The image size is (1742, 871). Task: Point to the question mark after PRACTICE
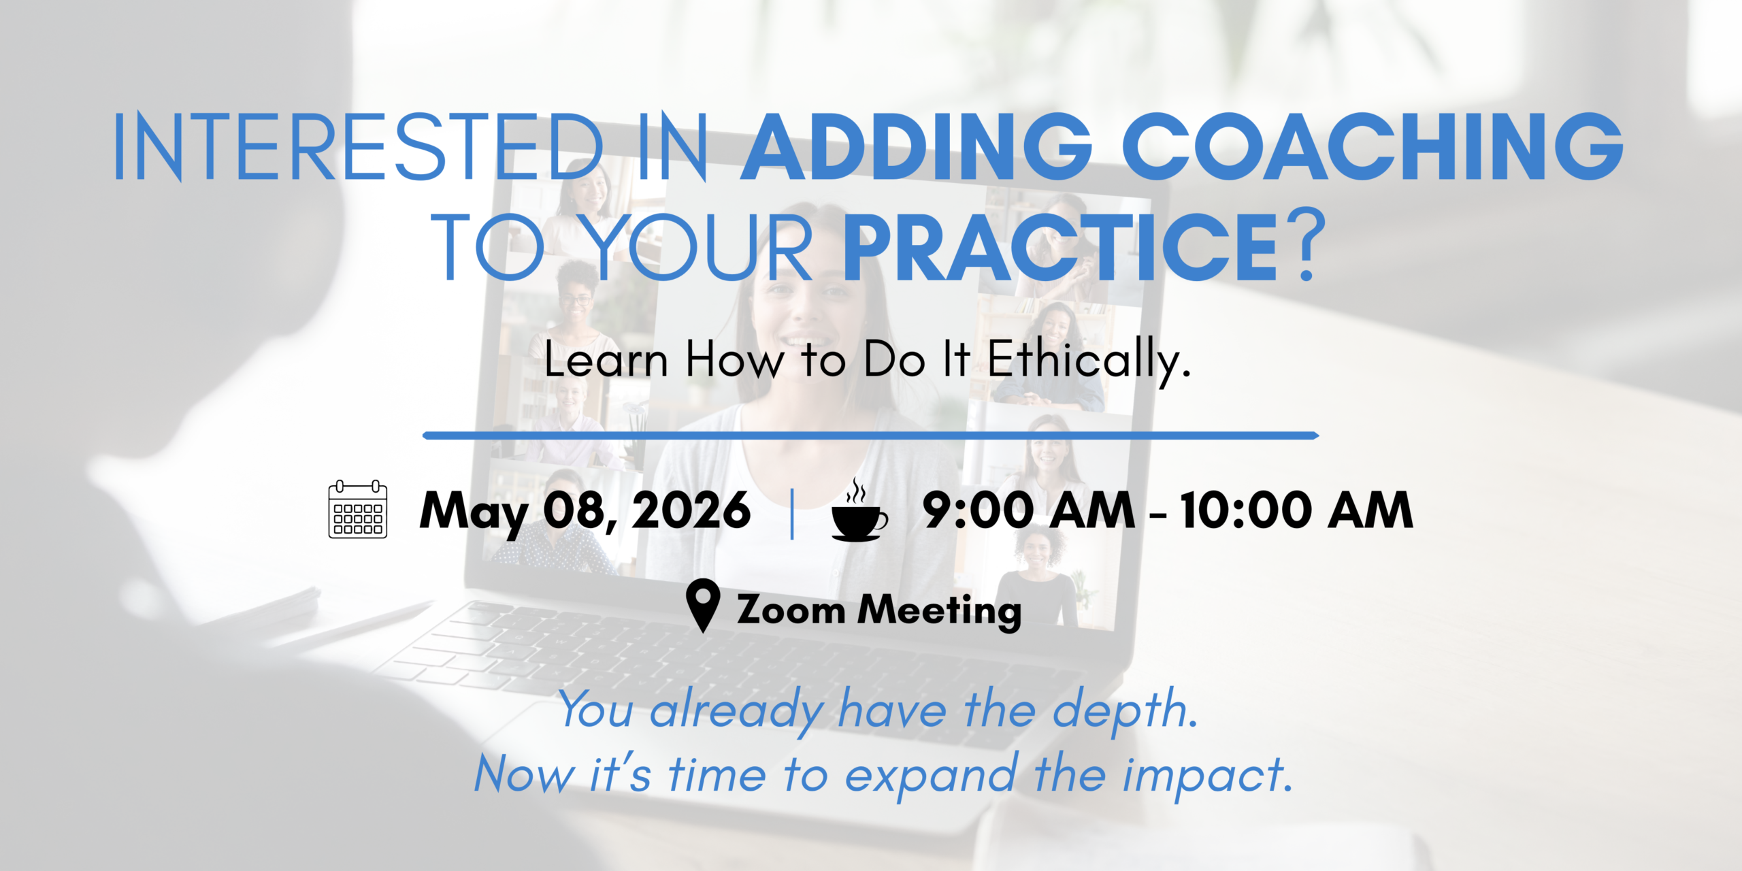[1306, 246]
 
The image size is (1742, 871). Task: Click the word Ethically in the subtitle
[1089, 360]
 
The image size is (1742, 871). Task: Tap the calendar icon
[358, 509]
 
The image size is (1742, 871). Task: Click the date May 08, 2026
[585, 512]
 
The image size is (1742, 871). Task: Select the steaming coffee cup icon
[859, 510]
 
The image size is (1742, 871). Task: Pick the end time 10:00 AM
[1296, 510]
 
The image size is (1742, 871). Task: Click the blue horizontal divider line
[871, 435]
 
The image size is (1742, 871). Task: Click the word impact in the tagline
[1207, 775]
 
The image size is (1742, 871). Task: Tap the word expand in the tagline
[932, 775]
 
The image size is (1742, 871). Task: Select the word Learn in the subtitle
[606, 360]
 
